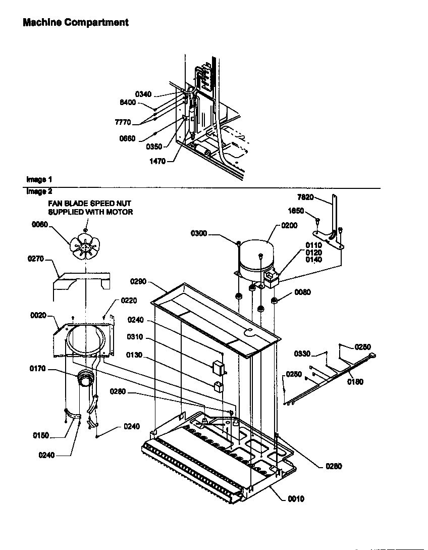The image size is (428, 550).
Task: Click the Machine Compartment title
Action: [x=76, y=23]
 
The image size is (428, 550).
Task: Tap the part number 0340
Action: [x=143, y=94]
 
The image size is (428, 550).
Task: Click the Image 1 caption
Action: [x=39, y=179]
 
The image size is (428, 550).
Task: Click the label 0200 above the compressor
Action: [x=289, y=225]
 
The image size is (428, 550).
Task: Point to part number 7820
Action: [x=306, y=197]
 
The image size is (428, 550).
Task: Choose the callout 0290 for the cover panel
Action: [x=138, y=280]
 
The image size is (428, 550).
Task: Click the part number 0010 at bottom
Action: [x=296, y=498]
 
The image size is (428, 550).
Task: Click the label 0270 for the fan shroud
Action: [x=35, y=259]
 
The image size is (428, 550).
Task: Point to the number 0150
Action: [x=41, y=435]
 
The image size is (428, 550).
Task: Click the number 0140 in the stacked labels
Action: [x=313, y=260]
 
